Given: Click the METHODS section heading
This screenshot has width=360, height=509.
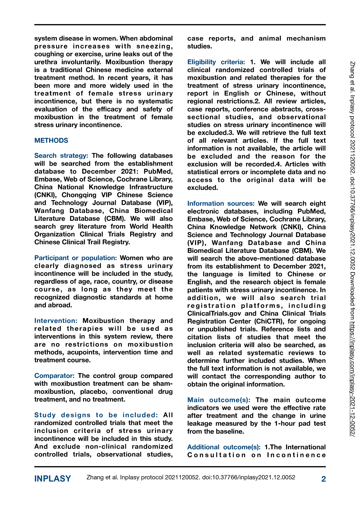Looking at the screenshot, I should point(51,141).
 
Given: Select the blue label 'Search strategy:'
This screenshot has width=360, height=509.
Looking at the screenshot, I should point(61,156).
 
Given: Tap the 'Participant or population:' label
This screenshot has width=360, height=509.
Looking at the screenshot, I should point(76,258).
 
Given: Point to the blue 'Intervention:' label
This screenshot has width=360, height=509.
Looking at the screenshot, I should point(56,321).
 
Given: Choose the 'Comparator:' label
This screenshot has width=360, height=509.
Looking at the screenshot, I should point(54,376).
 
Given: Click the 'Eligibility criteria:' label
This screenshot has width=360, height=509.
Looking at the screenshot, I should point(216,62).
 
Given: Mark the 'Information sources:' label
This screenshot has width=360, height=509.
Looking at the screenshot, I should point(221,204).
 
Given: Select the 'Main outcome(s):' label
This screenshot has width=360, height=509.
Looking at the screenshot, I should point(219,400).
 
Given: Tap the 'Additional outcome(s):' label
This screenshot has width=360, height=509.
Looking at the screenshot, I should point(224,447).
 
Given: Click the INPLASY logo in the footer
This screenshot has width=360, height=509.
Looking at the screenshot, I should point(53,479).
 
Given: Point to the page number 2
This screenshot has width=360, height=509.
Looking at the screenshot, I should point(324,479).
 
